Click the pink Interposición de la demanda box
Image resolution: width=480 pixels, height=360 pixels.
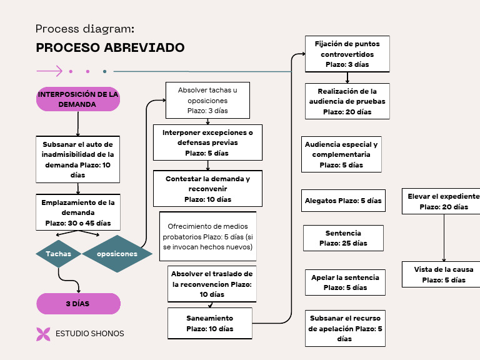pyautogui.click(x=78, y=99)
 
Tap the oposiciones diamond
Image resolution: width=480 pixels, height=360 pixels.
pyautogui.click(x=117, y=254)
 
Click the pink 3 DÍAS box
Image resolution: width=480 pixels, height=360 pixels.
pyautogui.click(x=78, y=304)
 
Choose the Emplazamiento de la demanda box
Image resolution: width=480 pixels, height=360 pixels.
pyautogui.click(x=78, y=212)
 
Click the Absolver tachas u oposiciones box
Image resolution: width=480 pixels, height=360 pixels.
pyautogui.click(x=207, y=101)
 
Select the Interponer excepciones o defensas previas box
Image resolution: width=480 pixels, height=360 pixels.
pyautogui.click(x=207, y=142)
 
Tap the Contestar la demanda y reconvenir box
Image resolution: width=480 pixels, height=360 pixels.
pyautogui.click(x=207, y=189)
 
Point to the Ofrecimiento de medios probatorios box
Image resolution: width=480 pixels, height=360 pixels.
pyautogui.click(x=207, y=237)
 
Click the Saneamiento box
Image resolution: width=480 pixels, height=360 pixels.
pyautogui.click(x=209, y=323)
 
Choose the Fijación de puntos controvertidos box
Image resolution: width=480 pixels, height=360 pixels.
pyautogui.click(x=347, y=54)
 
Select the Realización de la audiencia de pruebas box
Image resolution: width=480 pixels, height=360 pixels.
pyautogui.click(x=347, y=101)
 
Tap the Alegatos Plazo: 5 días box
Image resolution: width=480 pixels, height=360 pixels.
pyautogui.click(x=342, y=201)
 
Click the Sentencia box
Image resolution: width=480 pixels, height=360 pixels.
pyautogui.click(x=343, y=238)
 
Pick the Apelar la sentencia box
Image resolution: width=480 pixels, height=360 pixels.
pyautogui.click(x=346, y=282)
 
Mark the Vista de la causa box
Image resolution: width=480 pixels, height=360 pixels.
pyautogui.click(x=443, y=274)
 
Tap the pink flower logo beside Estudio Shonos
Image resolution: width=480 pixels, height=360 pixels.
pyautogui.click(x=43, y=334)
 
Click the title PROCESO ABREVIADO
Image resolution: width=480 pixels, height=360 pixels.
pyautogui.click(x=110, y=48)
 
